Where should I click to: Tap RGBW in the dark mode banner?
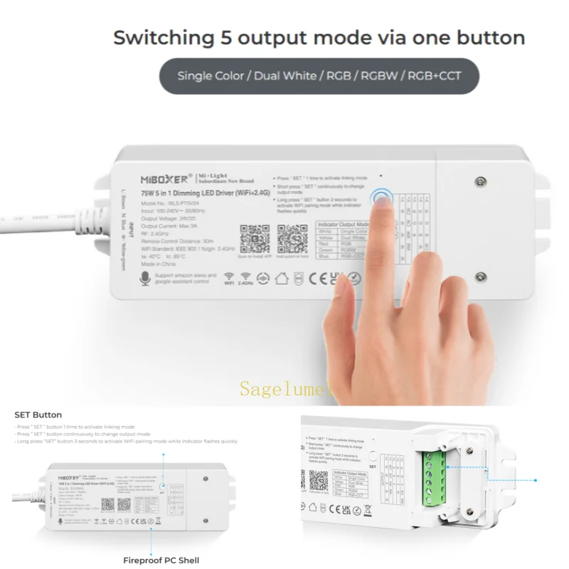378,75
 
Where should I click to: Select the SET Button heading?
38,415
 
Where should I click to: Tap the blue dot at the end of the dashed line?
535,480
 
